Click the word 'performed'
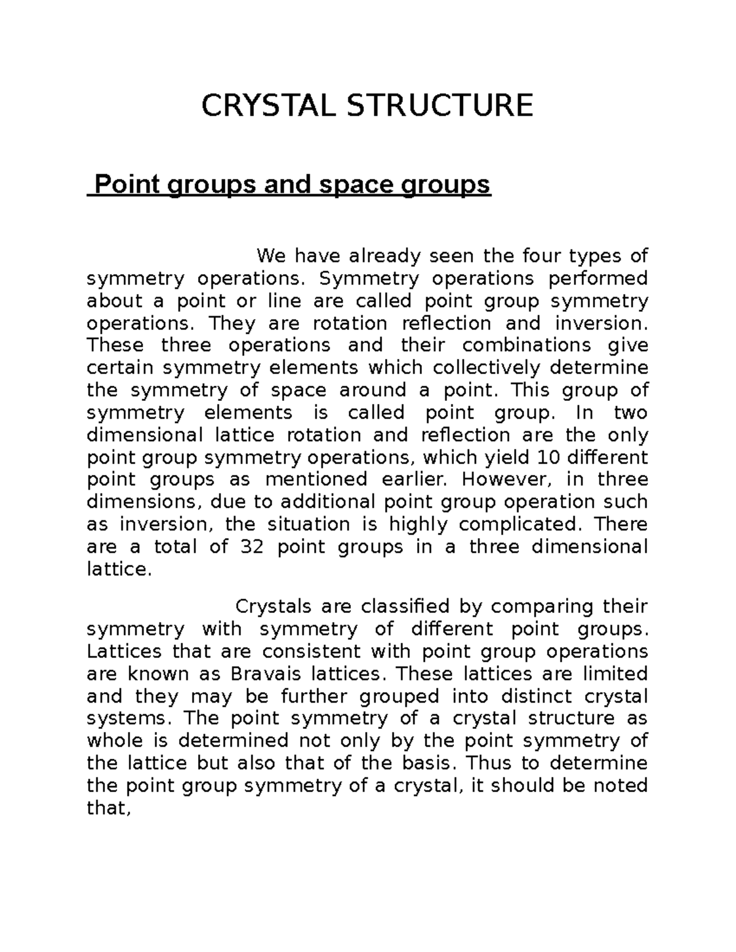pyautogui.click(x=598, y=278)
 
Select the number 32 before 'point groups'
pyautogui.click(x=249, y=547)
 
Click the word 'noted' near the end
pyautogui.click(x=619, y=786)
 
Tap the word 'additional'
pyautogui.click(x=328, y=502)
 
